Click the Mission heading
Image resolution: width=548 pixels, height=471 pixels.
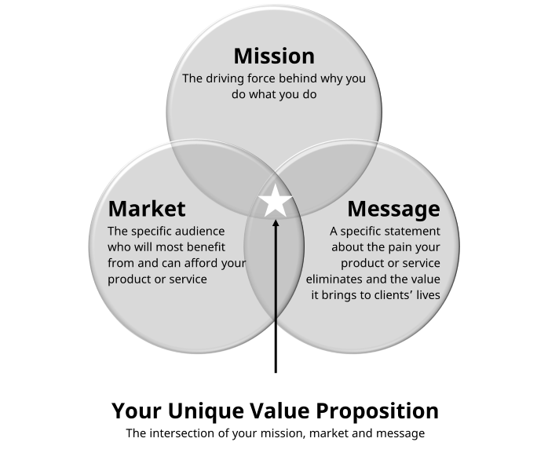tap(274, 56)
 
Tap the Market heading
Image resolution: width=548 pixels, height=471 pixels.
tap(147, 209)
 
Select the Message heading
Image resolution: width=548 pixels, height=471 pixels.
tap(393, 209)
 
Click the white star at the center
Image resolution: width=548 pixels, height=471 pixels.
tap(276, 201)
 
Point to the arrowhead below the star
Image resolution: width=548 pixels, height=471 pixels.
tap(276, 226)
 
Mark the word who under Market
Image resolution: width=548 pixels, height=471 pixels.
tap(120, 247)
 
